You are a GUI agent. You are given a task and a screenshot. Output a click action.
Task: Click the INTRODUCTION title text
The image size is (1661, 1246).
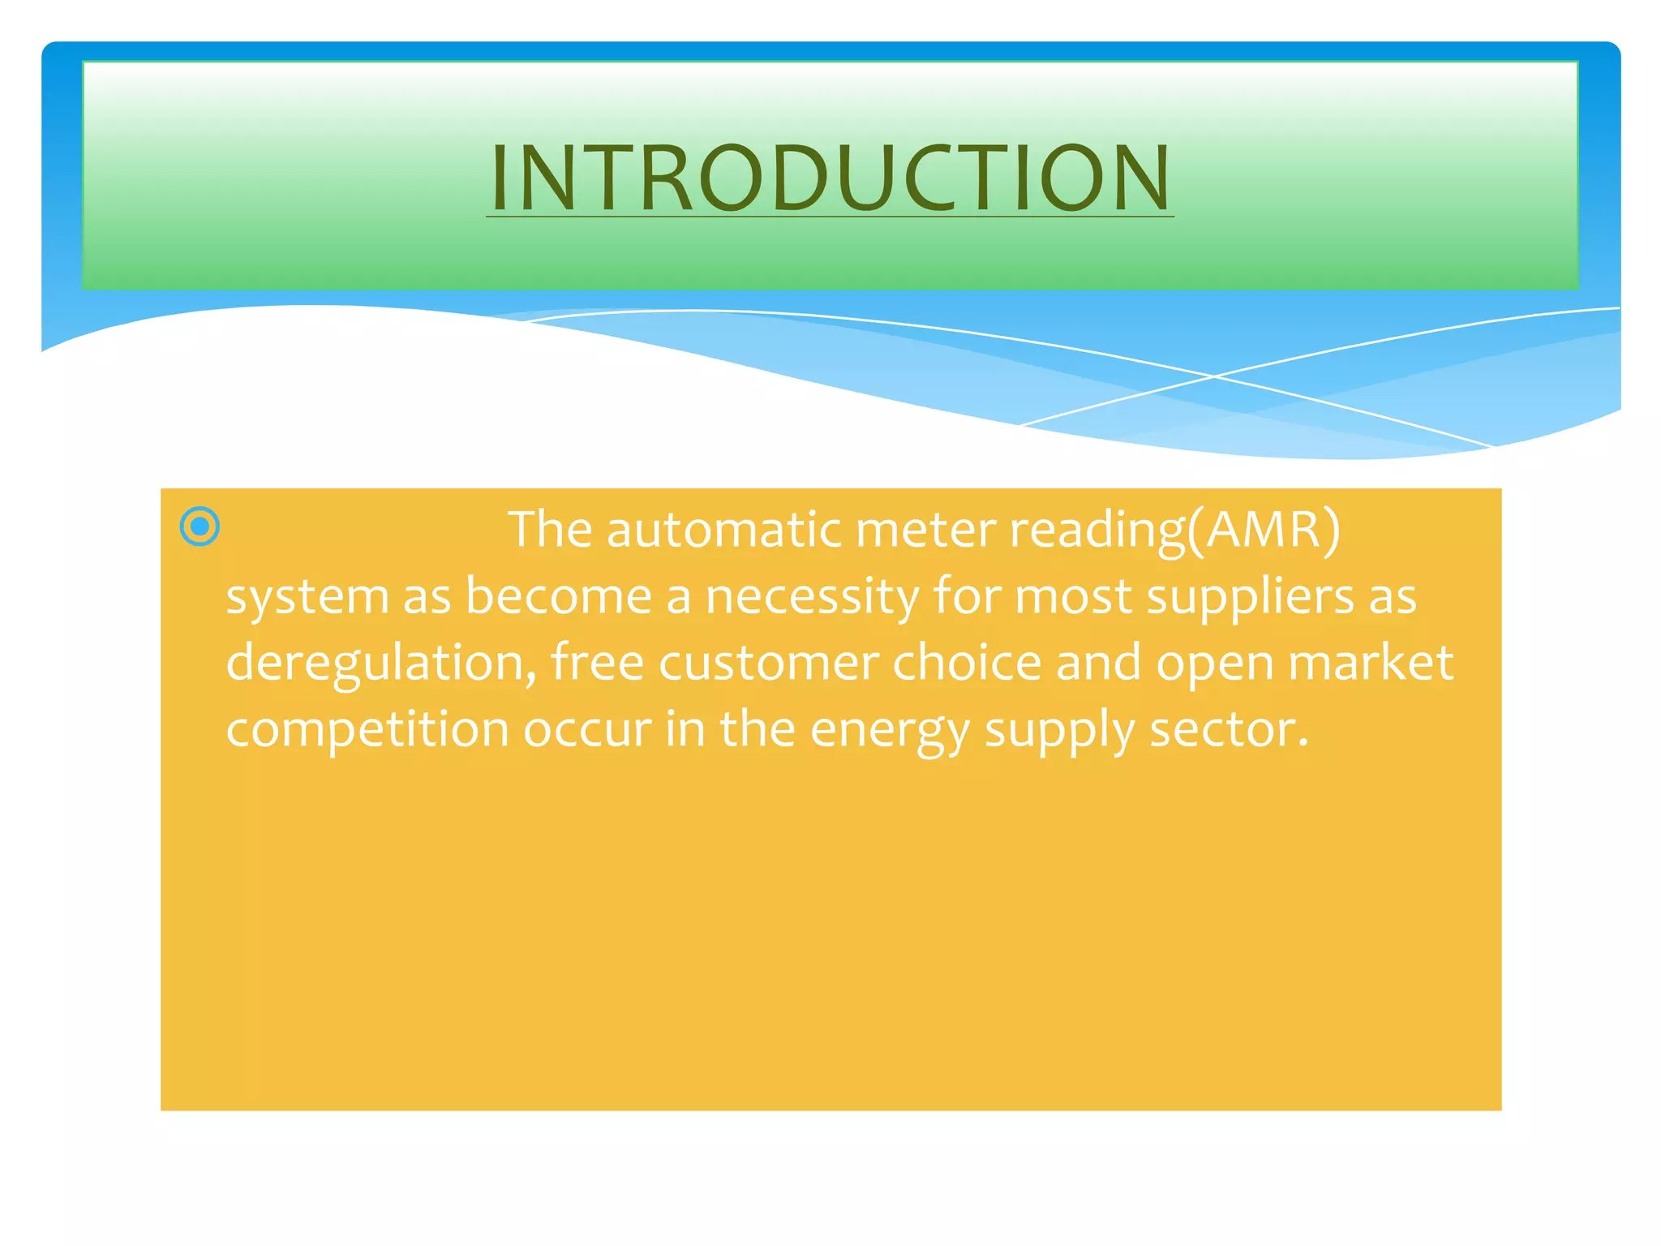830,178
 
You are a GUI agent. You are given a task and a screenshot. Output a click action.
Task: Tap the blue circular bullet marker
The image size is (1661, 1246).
200,527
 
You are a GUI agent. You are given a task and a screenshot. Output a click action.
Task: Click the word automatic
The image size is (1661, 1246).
724,531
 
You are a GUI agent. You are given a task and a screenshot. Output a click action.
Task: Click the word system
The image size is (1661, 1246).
307,598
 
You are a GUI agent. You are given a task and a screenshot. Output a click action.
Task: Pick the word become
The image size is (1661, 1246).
559,598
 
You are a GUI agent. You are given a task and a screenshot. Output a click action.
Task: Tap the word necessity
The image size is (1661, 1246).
812,598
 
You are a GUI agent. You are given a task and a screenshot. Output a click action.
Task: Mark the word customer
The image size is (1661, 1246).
768,664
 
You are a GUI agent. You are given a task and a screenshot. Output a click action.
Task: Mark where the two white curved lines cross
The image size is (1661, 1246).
1214,376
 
